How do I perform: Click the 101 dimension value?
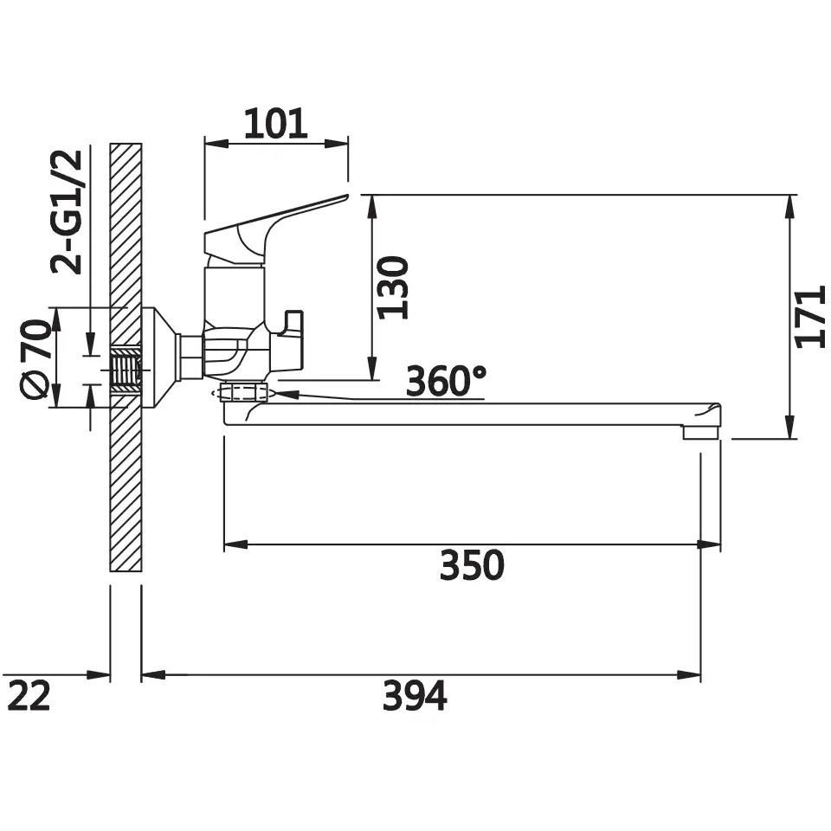[275, 124]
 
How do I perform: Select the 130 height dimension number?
[393, 287]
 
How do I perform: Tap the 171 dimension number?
[811, 317]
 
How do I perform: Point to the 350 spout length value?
[472, 565]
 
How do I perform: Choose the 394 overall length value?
[415, 696]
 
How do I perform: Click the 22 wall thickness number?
[29, 696]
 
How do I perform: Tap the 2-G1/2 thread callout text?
[67, 212]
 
